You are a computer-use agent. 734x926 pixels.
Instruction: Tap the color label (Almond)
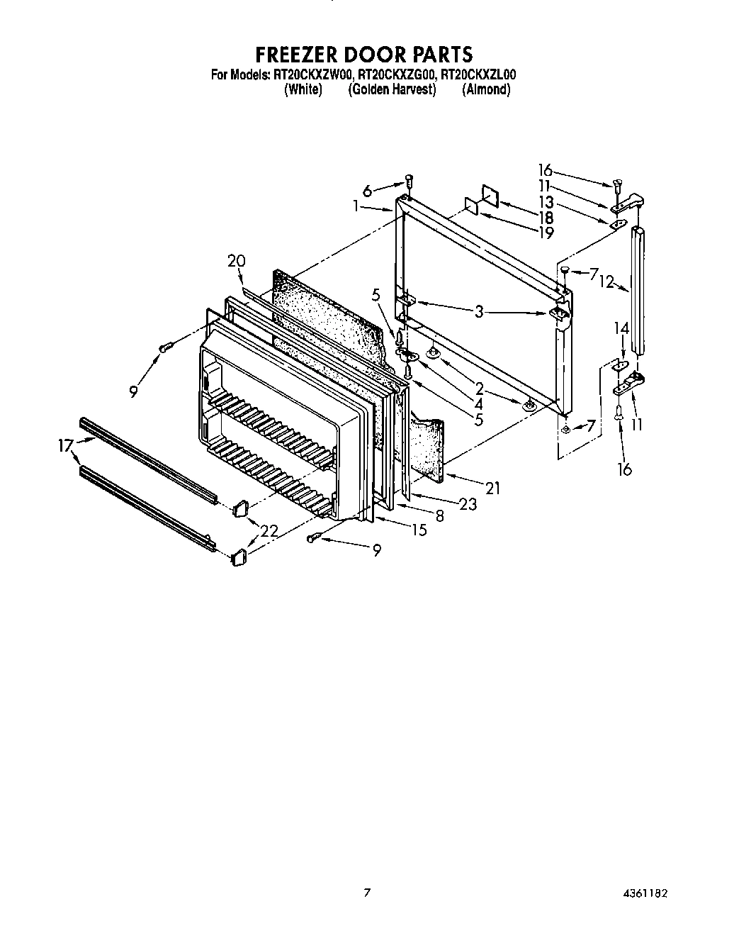click(486, 89)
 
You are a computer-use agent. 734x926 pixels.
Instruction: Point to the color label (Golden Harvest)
click(392, 89)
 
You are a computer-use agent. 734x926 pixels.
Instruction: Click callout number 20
click(236, 261)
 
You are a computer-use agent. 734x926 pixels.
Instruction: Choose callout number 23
click(467, 504)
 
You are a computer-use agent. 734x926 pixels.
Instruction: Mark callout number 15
click(419, 530)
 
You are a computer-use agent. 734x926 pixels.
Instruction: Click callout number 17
click(66, 446)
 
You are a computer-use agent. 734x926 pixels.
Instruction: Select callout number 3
click(479, 311)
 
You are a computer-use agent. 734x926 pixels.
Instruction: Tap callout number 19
click(546, 233)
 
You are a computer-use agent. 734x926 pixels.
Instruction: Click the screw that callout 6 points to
click(408, 180)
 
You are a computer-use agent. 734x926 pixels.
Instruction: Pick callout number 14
click(621, 328)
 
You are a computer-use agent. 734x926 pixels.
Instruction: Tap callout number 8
click(440, 516)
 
